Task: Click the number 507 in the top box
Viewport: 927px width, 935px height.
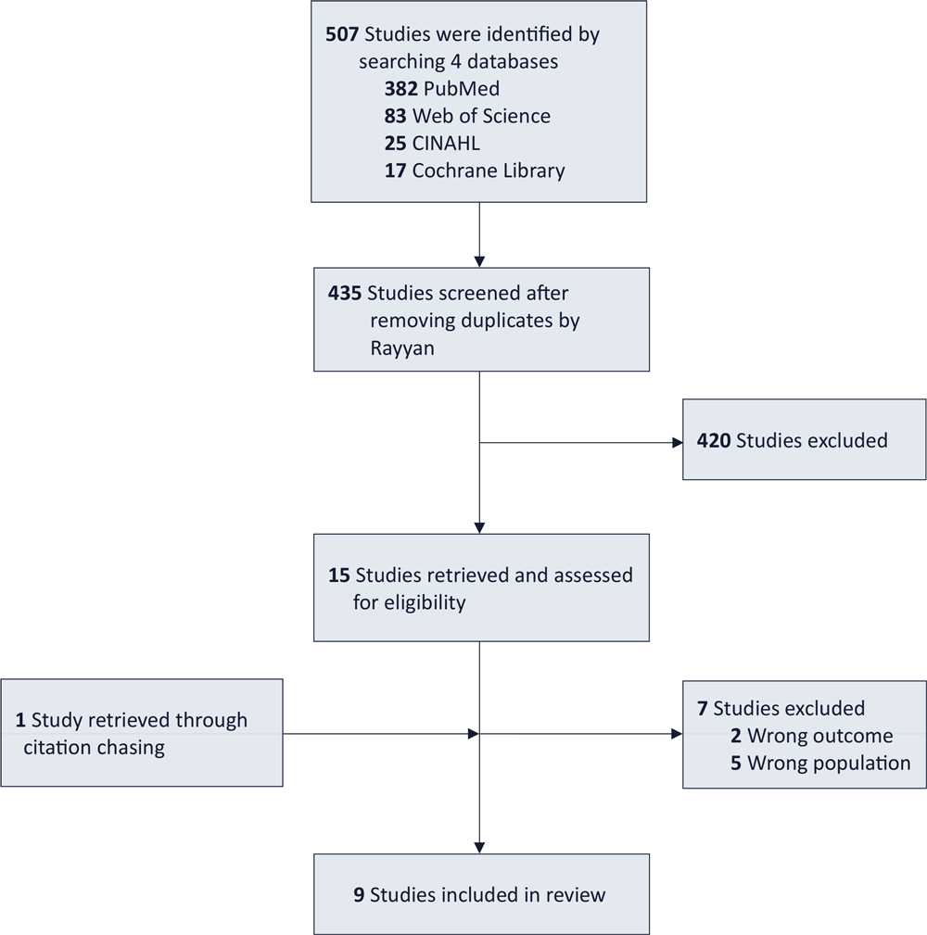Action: pos(342,34)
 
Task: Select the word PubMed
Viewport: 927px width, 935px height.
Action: pos(461,89)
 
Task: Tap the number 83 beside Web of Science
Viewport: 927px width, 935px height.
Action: pos(395,116)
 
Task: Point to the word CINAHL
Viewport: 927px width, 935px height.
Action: pos(446,144)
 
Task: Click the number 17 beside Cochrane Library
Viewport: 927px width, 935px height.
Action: pos(395,171)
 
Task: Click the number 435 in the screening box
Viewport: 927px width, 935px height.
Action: pos(345,294)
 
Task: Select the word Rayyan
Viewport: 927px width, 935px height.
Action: pos(402,348)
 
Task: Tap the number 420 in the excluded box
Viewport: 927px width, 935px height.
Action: pos(714,441)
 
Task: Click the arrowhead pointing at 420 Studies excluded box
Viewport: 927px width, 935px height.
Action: pos(678,442)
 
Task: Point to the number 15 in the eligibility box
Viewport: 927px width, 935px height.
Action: pos(339,575)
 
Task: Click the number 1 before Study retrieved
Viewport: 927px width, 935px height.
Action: pos(20,720)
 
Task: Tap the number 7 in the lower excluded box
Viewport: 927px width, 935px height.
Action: pos(702,708)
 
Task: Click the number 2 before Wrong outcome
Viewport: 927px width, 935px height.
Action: pos(736,736)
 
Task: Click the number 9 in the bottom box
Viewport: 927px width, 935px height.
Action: pos(359,895)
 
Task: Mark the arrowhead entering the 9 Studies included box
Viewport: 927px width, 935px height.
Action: pos(479,848)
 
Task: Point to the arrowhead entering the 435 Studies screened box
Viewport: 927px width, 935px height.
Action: pos(479,261)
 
